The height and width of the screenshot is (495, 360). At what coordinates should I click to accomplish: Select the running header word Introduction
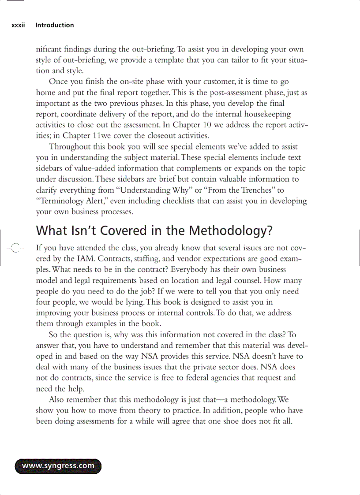[x=55, y=25]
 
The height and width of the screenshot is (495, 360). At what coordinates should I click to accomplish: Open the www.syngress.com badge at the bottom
[x=58, y=466]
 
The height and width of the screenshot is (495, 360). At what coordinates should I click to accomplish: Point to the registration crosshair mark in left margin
[x=14, y=249]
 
